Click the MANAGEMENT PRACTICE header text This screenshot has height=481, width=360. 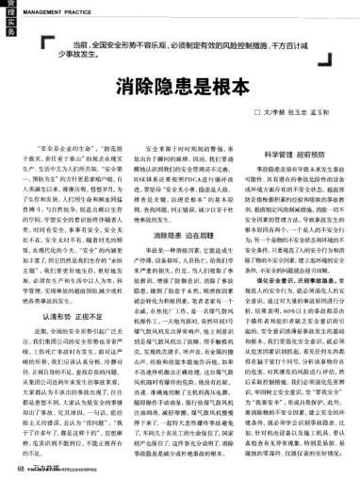click(x=58, y=10)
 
